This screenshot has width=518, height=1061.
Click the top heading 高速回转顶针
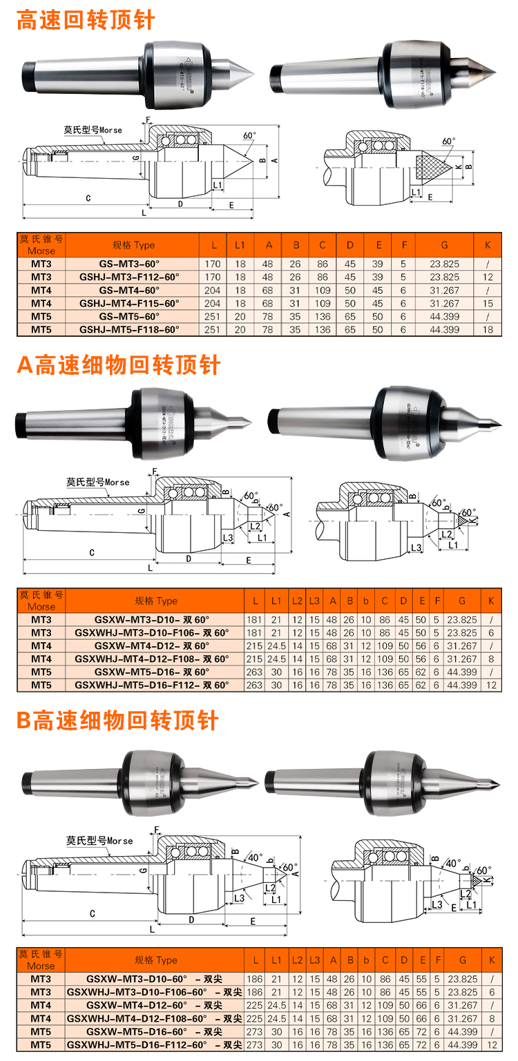(x=86, y=19)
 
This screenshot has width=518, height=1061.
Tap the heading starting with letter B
(x=117, y=721)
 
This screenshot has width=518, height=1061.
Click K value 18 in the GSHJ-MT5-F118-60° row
(x=488, y=330)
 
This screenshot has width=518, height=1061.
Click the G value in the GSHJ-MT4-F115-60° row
(x=444, y=304)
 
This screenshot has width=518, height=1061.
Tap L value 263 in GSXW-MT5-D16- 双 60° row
(x=254, y=672)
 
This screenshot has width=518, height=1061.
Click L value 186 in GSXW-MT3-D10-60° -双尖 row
(x=254, y=979)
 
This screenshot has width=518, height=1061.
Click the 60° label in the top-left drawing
(x=249, y=135)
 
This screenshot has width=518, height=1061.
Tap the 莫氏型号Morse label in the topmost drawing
(x=93, y=130)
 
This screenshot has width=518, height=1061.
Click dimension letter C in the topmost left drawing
(x=88, y=198)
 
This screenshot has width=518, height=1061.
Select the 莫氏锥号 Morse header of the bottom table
(x=41, y=960)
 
